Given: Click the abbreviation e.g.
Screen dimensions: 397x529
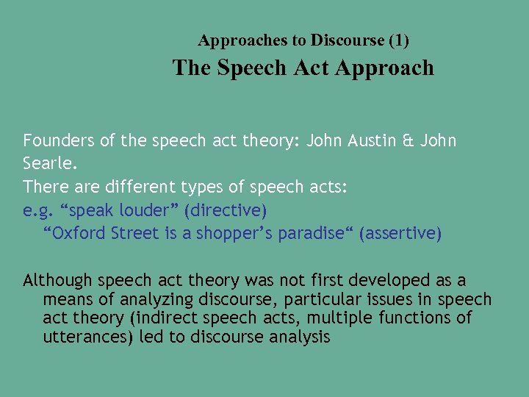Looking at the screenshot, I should pos(37,210).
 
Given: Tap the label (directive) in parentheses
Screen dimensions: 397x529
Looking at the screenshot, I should pos(226,210).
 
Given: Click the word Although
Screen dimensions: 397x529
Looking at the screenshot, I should pos(57,280).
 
